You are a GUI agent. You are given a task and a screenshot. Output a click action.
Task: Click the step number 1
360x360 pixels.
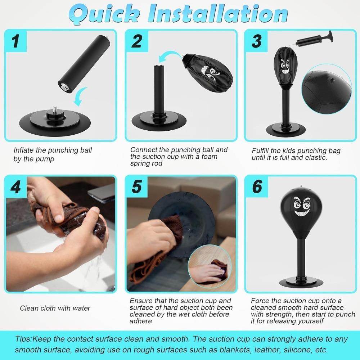[x=15, y=41]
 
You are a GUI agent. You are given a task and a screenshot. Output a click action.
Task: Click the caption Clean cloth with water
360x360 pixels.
[x=55, y=308]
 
